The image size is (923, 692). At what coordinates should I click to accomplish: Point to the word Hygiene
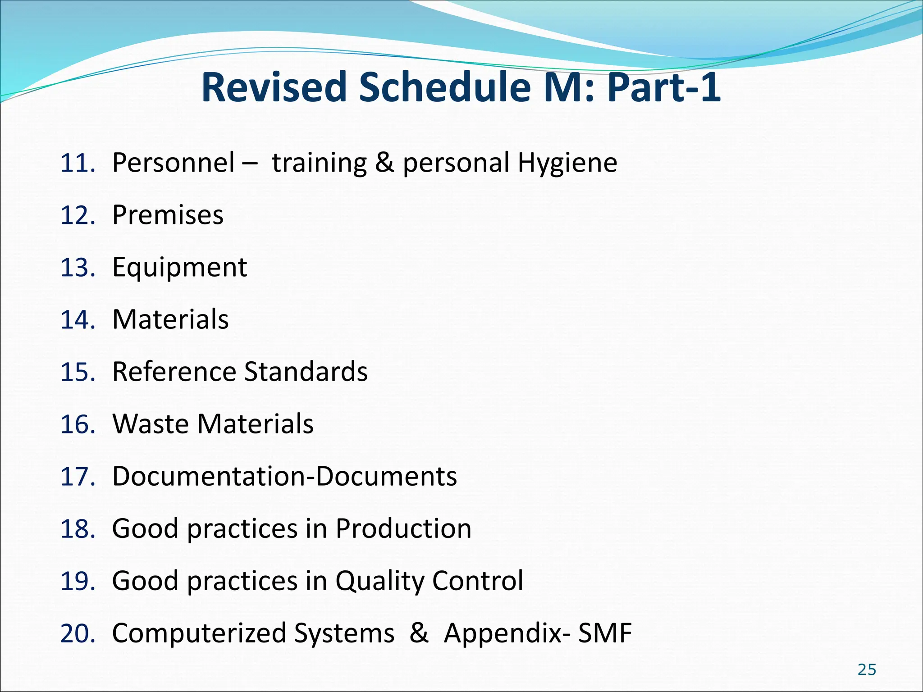coord(567,163)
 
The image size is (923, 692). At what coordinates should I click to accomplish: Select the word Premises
coord(168,215)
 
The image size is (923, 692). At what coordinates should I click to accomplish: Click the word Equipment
coord(179,267)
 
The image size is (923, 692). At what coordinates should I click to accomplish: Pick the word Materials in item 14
coord(170,319)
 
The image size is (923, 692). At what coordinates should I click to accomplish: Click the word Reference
coord(174,372)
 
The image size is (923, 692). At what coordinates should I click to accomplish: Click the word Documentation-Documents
coord(284,476)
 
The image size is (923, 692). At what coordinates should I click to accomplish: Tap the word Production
coord(403,528)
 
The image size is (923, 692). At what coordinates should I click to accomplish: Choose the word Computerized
coord(199,633)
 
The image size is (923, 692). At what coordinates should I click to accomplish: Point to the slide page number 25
coord(866,670)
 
